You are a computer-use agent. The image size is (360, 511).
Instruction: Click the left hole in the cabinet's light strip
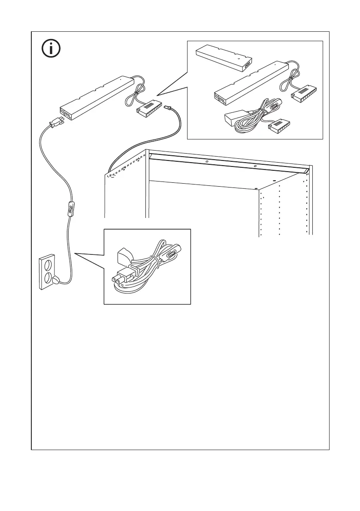click(207, 161)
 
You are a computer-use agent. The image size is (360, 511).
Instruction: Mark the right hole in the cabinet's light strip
click(255, 166)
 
